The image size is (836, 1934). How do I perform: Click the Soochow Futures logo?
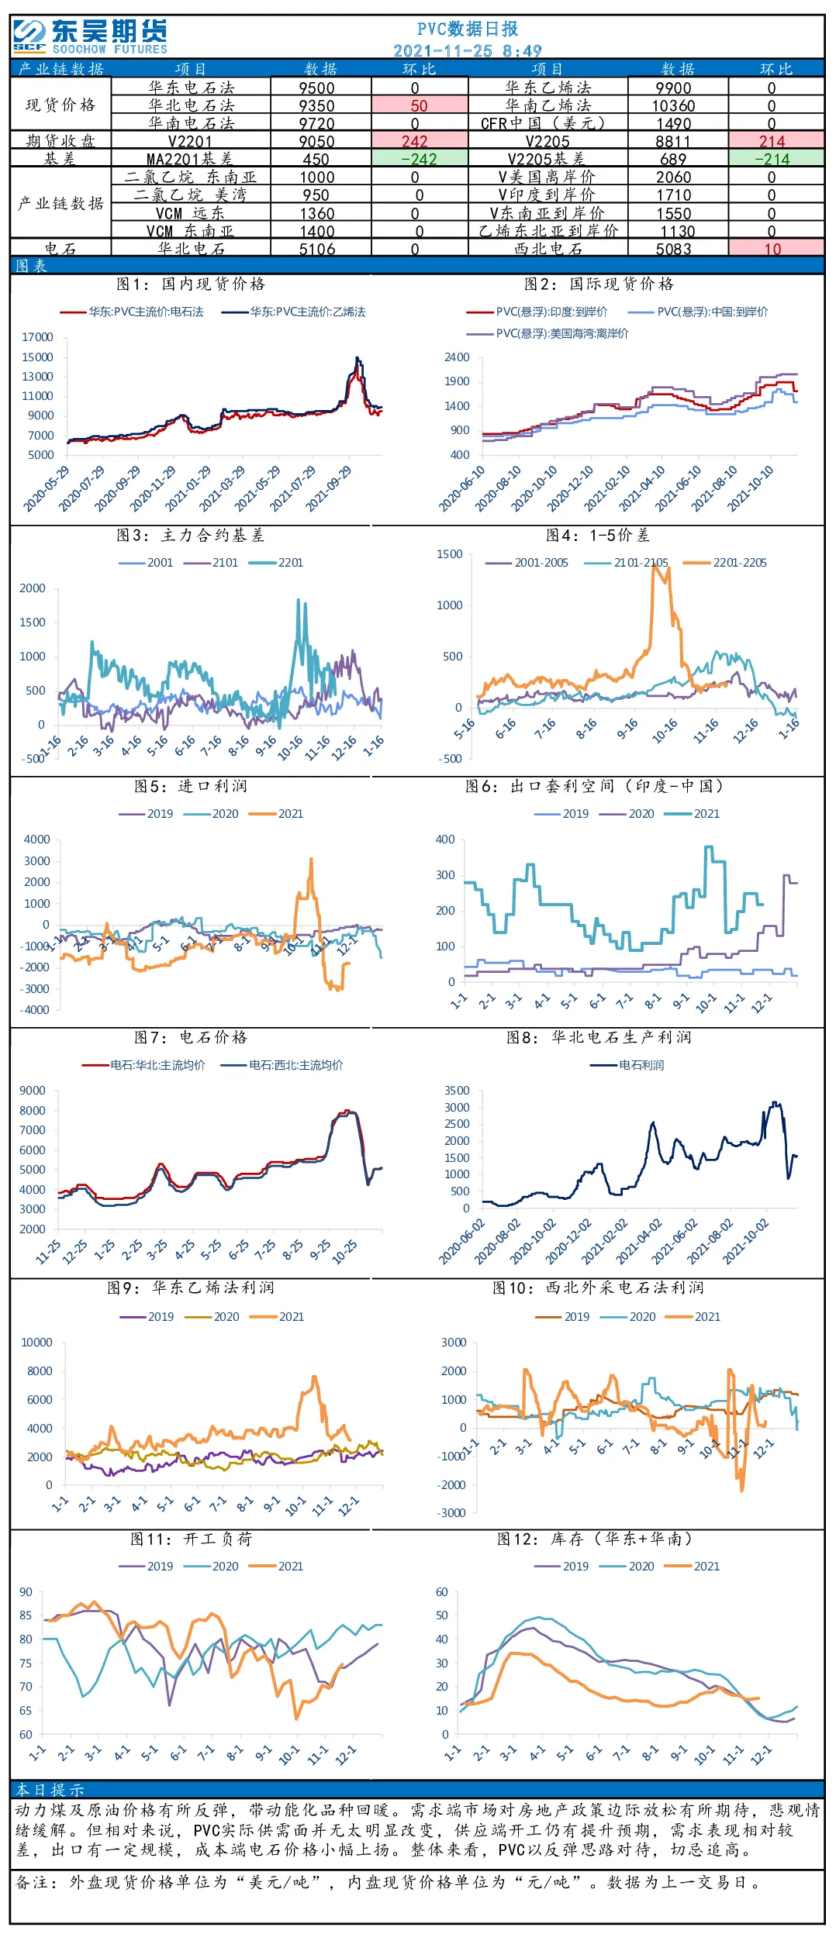[90, 36]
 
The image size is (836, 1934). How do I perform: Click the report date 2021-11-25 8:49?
[467, 50]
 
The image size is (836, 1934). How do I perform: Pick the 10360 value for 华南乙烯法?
[673, 105]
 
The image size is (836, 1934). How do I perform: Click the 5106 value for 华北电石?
[317, 249]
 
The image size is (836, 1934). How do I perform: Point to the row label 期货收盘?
[60, 140]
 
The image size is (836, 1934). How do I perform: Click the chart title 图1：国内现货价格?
[191, 284]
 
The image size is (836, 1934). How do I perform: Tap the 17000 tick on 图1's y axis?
[37, 337]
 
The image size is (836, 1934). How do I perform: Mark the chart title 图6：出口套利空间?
[594, 786]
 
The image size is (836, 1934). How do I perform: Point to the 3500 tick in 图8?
[457, 1091]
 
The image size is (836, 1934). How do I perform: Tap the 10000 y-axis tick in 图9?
[36, 1342]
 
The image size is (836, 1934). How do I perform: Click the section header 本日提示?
[50, 1790]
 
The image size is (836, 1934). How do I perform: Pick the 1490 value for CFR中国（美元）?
[673, 123]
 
